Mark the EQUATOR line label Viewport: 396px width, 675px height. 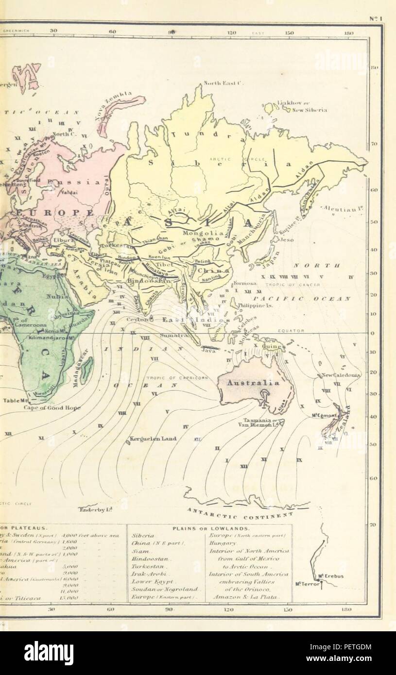click(x=291, y=331)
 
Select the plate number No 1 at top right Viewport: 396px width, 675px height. click(x=376, y=19)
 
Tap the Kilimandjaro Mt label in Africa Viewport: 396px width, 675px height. click(x=51, y=336)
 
